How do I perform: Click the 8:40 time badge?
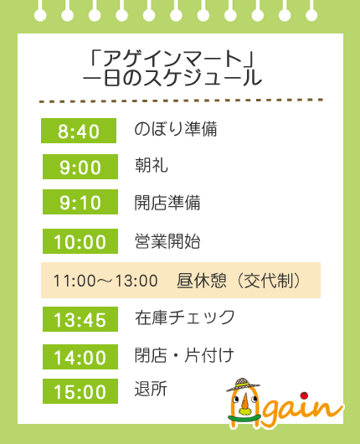pyautogui.click(x=79, y=131)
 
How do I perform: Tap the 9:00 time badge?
pyautogui.click(x=80, y=167)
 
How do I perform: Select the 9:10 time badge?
pyautogui.click(x=80, y=202)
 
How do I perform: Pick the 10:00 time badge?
pyautogui.click(x=80, y=241)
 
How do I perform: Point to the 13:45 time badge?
pyautogui.click(x=80, y=319)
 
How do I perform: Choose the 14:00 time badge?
pyautogui.click(x=80, y=357)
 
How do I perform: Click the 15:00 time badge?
pyautogui.click(x=80, y=391)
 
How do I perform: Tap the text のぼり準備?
pyautogui.click(x=176, y=129)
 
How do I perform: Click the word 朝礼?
pyautogui.click(x=152, y=165)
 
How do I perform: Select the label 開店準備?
pyautogui.click(x=167, y=203)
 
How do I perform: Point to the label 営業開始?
pyautogui.click(x=167, y=241)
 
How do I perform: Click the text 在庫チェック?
pyautogui.click(x=185, y=318)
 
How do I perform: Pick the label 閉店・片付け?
pyautogui.click(x=184, y=355)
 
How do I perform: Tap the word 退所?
pyautogui.click(x=151, y=389)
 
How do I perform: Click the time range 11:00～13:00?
pyautogui.click(x=105, y=281)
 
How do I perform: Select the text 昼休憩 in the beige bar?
pyautogui.click(x=202, y=281)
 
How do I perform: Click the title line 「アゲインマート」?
pyautogui.click(x=172, y=59)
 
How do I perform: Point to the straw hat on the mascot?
pyautogui.click(x=243, y=385)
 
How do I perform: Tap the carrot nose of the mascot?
pyautogui.click(x=244, y=401)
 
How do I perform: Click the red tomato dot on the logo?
pyautogui.click(x=305, y=395)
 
